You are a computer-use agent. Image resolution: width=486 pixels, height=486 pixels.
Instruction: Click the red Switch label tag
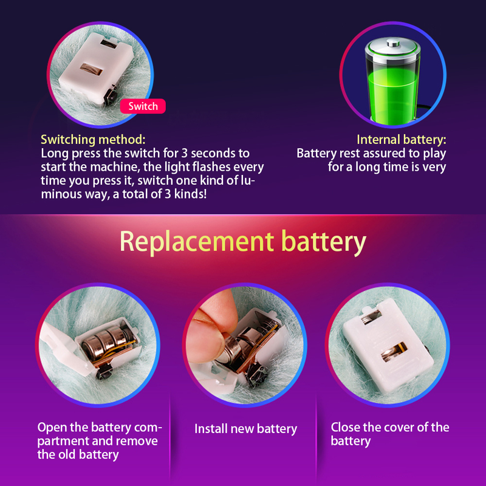click(143, 106)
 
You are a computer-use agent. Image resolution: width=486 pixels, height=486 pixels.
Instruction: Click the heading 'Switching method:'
click(93, 139)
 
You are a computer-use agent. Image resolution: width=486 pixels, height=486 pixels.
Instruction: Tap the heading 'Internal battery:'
click(401, 139)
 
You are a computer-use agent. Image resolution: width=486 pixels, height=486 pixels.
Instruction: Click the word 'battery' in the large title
click(323, 241)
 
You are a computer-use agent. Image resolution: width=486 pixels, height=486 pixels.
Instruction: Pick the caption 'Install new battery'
click(245, 429)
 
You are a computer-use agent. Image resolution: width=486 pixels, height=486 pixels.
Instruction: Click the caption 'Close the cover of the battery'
click(389, 434)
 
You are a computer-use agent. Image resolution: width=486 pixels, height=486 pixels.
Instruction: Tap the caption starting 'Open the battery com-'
click(100, 440)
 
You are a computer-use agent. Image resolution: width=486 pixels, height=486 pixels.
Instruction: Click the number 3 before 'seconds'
click(200, 153)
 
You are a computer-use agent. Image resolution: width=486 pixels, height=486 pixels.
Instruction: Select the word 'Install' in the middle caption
click(210, 429)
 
